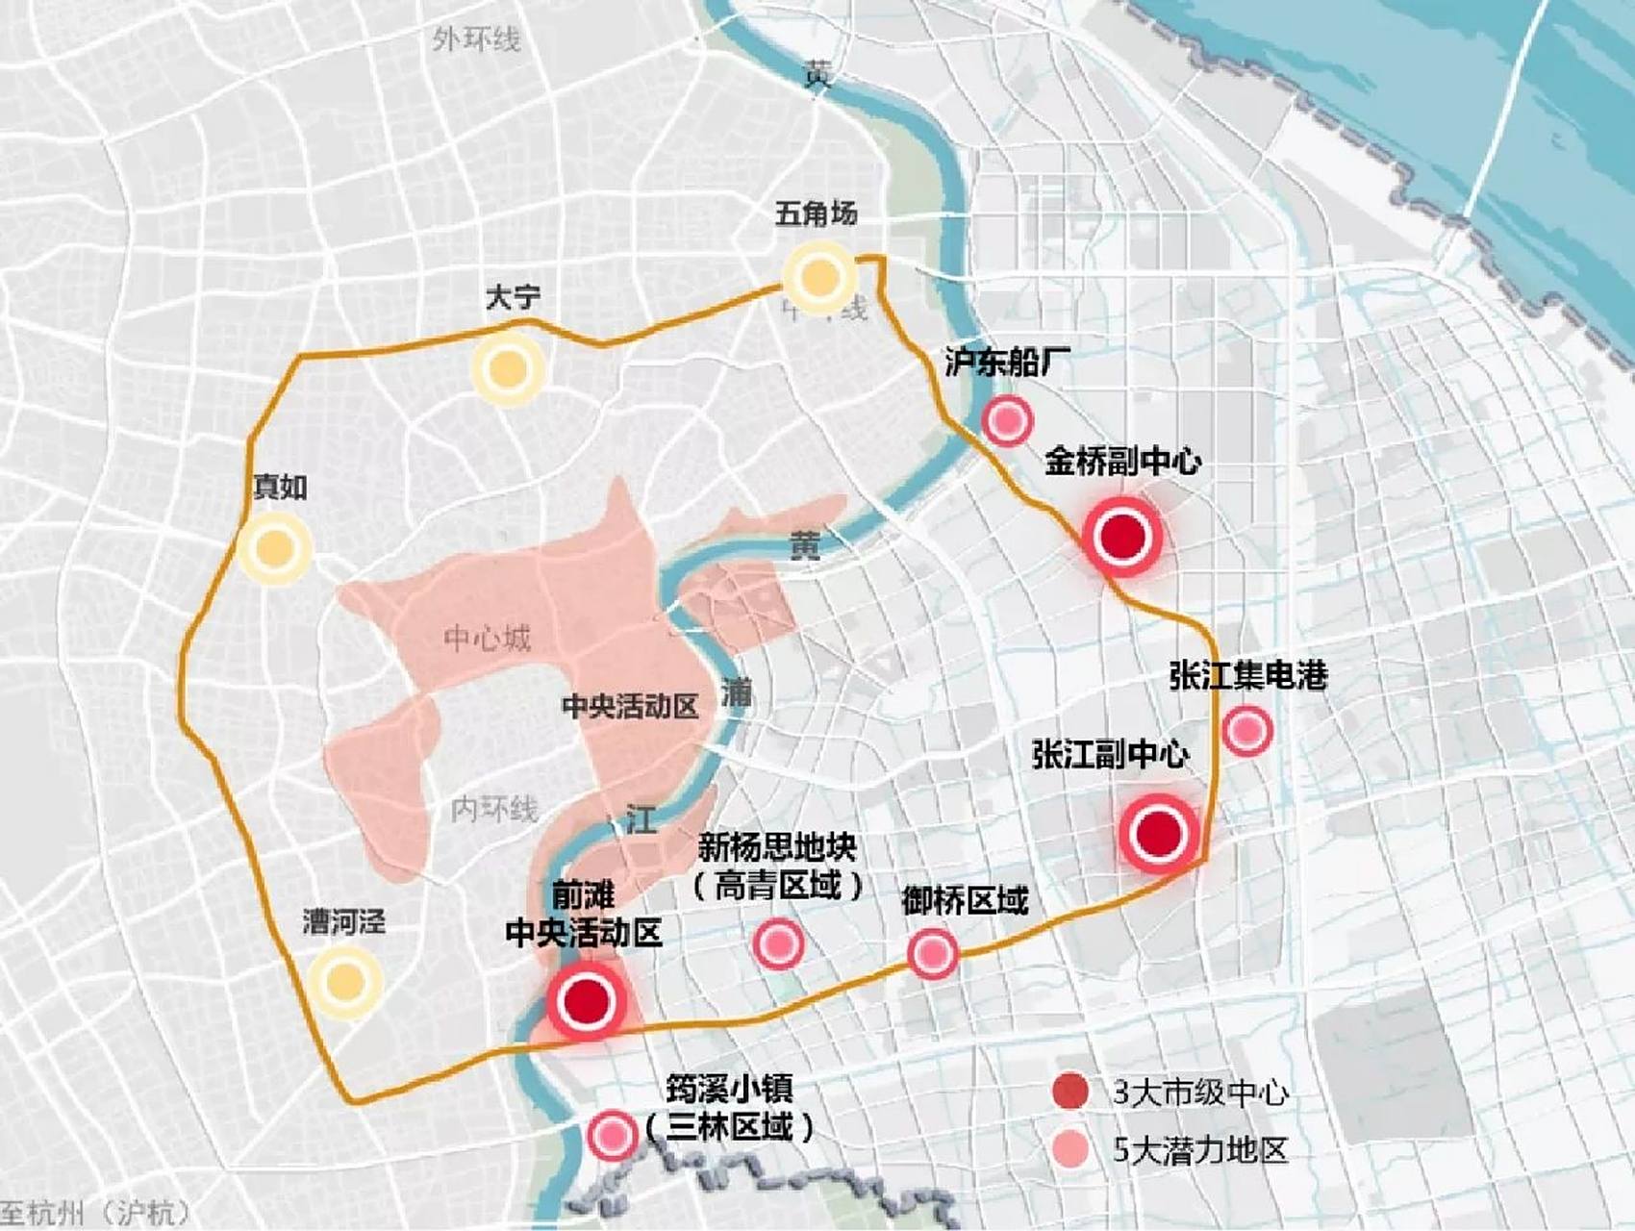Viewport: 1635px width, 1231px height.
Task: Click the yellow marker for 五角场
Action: [818, 277]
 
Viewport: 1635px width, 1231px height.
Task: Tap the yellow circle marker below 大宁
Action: [508, 368]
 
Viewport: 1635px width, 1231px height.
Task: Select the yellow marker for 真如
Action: [274, 548]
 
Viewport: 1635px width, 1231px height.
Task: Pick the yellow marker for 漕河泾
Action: [345, 982]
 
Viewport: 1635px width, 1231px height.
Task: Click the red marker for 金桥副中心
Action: [1122, 536]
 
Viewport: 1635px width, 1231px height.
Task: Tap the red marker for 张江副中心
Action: [1159, 834]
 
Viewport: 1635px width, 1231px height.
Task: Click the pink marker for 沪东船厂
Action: [1007, 420]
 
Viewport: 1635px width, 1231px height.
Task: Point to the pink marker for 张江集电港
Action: [1247, 730]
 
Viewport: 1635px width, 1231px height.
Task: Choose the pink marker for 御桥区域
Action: [932, 953]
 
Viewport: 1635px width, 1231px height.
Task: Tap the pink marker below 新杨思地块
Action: [778, 943]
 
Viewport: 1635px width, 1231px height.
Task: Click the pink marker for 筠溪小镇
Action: [613, 1136]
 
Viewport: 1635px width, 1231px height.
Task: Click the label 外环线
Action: [475, 40]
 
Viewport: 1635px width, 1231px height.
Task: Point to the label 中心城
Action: [487, 638]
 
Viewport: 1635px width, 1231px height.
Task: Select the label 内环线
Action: [493, 809]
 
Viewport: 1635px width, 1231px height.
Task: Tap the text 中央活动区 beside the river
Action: [630, 707]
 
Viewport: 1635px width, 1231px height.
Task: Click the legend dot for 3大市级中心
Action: [1070, 1092]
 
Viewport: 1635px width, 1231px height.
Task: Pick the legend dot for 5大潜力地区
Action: [1070, 1149]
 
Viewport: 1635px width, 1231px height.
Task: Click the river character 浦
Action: [736, 691]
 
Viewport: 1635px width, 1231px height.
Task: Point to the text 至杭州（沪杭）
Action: [96, 1213]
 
